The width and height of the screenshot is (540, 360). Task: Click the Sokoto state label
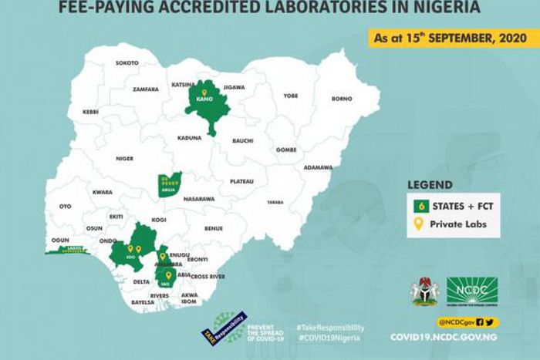pyautogui.click(x=127, y=62)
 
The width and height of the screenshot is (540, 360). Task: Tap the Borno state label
pyautogui.click(x=342, y=99)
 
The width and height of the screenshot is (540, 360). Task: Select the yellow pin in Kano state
pyautogui.click(x=204, y=93)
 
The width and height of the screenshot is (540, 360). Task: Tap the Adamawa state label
pyautogui.click(x=318, y=167)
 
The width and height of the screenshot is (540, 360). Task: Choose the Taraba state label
pyautogui.click(x=275, y=202)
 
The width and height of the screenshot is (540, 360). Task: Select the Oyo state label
pyautogui.click(x=65, y=207)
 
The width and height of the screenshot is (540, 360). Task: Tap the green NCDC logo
pyautogui.click(x=471, y=291)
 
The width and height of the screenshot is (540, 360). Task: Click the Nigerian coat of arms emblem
pyautogui.click(x=424, y=291)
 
